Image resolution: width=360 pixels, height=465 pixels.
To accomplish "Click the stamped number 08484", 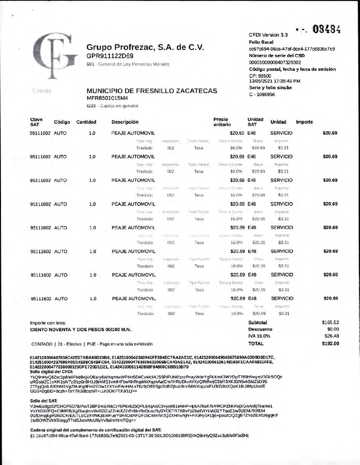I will tap(326, 30).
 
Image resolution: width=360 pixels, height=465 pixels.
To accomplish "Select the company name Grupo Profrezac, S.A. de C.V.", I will tap(145, 47).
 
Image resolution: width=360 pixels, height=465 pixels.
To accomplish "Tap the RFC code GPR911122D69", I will tap(110, 56).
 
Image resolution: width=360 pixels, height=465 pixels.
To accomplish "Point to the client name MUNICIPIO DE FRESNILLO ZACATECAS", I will tap(152, 91).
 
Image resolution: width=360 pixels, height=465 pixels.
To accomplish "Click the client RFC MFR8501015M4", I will tap(107, 98).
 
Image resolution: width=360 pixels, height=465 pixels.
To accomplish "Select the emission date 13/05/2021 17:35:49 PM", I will tap(274, 81).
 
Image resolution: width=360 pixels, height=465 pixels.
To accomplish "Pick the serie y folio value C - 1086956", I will tap(262, 94).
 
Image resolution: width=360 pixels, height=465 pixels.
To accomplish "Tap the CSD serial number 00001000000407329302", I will tap(275, 62).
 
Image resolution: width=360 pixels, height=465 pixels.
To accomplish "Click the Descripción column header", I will tap(125, 122).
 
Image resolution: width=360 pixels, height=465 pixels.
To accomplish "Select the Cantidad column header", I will tap(86, 122).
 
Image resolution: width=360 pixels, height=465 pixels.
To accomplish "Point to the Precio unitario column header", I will tap(222, 122).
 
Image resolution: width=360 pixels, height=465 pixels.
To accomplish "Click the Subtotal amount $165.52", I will tap(330, 323).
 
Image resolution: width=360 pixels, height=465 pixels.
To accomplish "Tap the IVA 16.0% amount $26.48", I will tap(332, 336).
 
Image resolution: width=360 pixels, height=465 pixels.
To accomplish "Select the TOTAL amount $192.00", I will tap(330, 344).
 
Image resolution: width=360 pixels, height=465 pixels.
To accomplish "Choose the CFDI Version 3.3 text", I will tap(268, 35).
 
